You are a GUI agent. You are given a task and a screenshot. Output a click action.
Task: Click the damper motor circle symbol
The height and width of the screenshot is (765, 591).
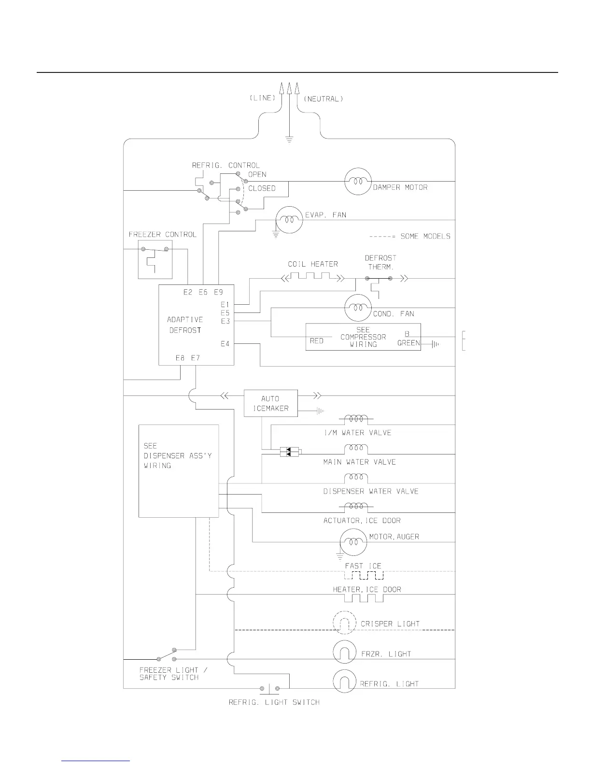click(358, 181)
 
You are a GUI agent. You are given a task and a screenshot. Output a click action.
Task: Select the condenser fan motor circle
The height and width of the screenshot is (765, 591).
click(358, 308)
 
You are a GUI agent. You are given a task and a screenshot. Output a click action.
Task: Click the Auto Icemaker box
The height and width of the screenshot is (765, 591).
click(270, 403)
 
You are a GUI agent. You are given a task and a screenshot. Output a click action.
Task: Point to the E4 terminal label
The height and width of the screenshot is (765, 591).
click(225, 344)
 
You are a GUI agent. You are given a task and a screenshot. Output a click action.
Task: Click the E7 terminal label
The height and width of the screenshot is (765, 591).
click(195, 358)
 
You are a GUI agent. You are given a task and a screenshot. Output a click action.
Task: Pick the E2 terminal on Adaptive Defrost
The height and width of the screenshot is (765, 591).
click(188, 292)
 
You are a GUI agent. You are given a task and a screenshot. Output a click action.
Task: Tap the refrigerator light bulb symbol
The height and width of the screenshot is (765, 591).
click(344, 681)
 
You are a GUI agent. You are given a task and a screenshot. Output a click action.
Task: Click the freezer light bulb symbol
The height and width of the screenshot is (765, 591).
click(344, 652)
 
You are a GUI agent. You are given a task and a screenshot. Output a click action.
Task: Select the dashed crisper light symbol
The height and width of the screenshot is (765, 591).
click(344, 623)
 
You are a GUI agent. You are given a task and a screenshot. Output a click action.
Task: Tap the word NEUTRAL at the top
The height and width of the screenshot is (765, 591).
click(323, 99)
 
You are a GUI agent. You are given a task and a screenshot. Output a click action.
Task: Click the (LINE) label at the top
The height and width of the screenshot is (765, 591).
click(262, 98)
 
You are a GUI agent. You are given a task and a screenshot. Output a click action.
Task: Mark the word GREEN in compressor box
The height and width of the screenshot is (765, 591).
click(408, 343)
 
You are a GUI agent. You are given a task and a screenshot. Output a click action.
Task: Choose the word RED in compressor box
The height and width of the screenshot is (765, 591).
click(317, 341)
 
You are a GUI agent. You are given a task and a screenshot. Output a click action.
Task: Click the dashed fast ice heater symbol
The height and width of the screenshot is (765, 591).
click(364, 575)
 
